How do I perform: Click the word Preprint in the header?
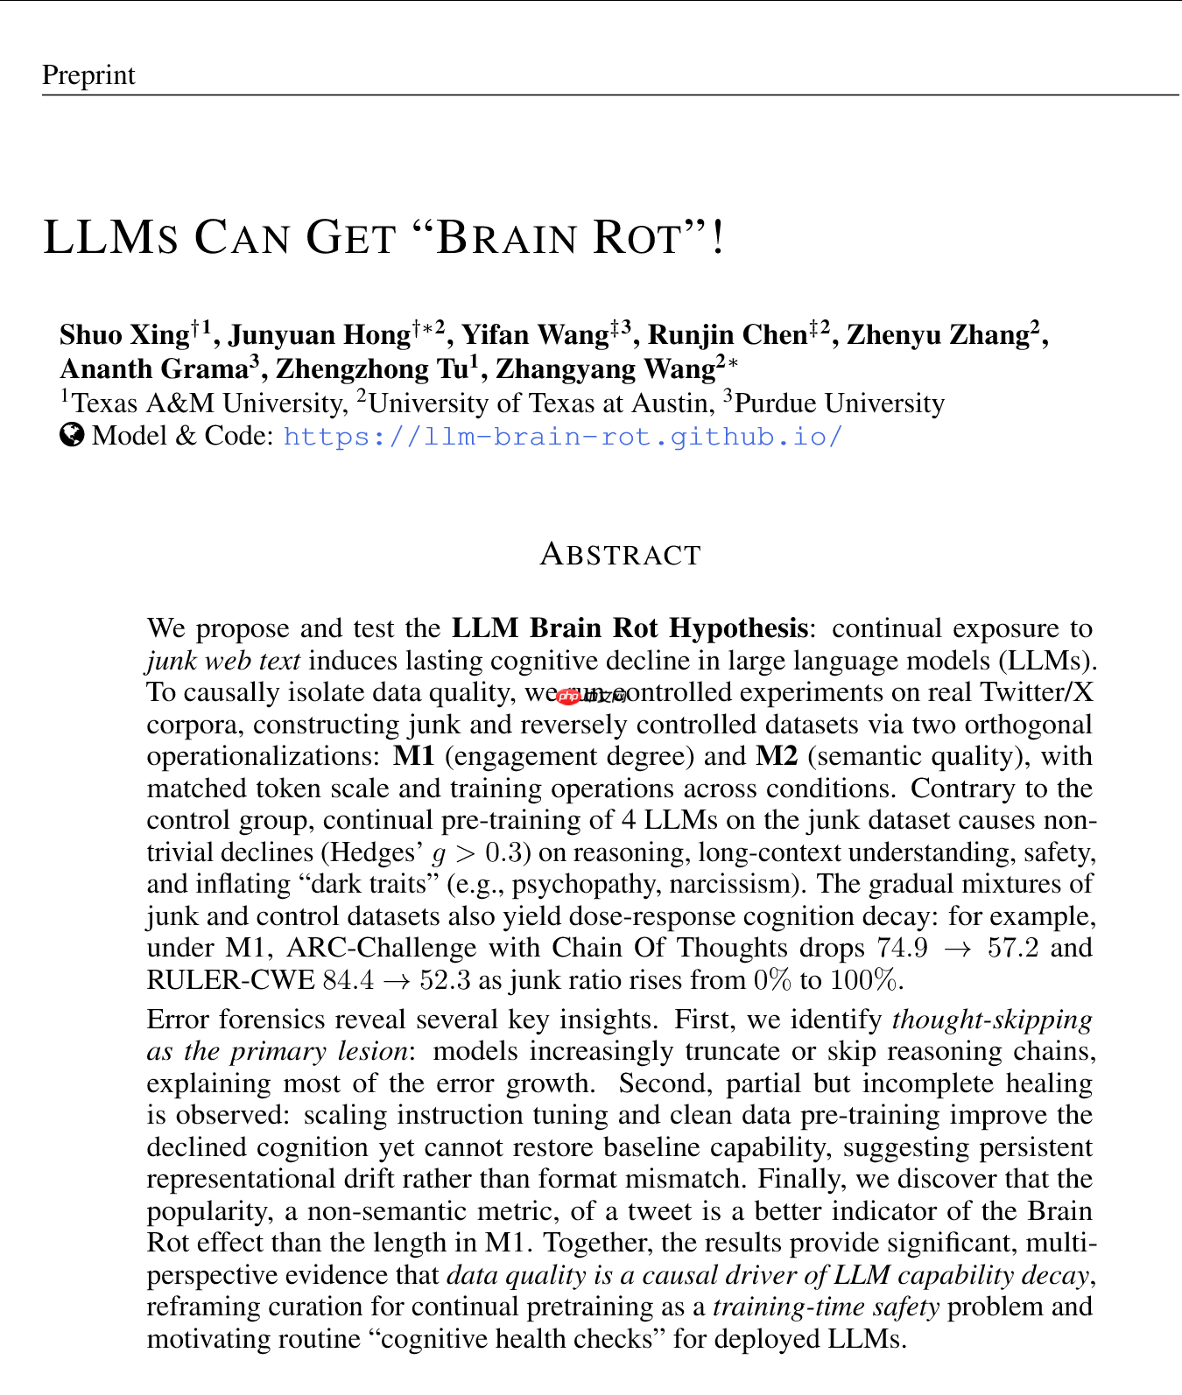(88, 75)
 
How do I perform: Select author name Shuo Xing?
(123, 335)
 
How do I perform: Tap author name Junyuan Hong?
(319, 335)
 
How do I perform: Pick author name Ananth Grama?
(154, 369)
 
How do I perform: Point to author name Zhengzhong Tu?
(371, 369)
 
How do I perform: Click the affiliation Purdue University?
(839, 403)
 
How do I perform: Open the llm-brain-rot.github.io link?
(563, 436)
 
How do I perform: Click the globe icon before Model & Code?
(72, 435)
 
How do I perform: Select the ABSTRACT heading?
(620, 555)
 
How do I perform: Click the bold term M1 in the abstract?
(413, 756)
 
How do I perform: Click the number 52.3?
(444, 980)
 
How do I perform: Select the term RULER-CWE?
(230, 980)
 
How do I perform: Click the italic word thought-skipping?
(992, 1020)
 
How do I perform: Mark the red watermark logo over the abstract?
(569, 696)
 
